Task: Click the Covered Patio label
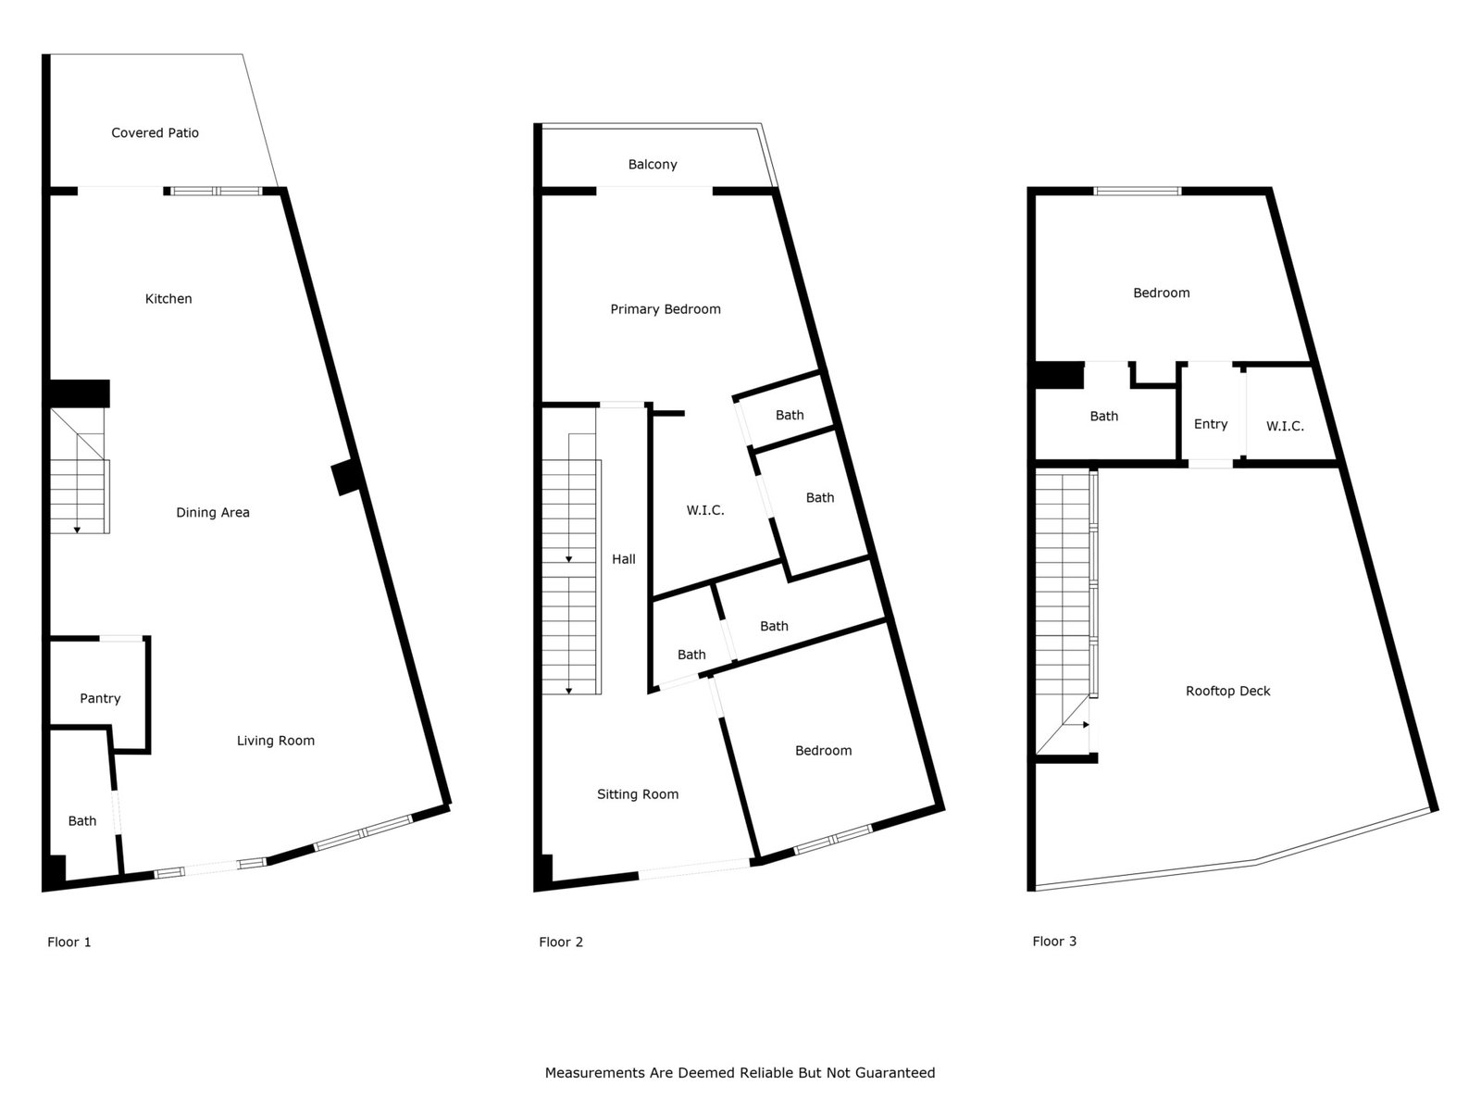click(156, 133)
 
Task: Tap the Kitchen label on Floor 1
click(168, 299)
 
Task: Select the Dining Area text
click(213, 513)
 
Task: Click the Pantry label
click(100, 699)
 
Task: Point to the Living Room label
click(275, 741)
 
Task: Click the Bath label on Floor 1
click(82, 821)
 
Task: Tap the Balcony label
click(653, 165)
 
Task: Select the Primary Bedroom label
click(666, 309)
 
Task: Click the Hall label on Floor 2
click(624, 559)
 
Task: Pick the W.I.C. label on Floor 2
click(705, 511)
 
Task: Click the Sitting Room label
click(638, 794)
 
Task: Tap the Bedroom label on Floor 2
click(823, 751)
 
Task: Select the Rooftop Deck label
click(1228, 692)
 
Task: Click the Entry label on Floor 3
click(1211, 424)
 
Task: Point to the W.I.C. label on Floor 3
click(1285, 426)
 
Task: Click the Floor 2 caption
click(561, 942)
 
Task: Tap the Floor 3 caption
click(1054, 942)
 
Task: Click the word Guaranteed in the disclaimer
click(895, 1073)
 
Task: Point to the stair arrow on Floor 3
click(1077, 725)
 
